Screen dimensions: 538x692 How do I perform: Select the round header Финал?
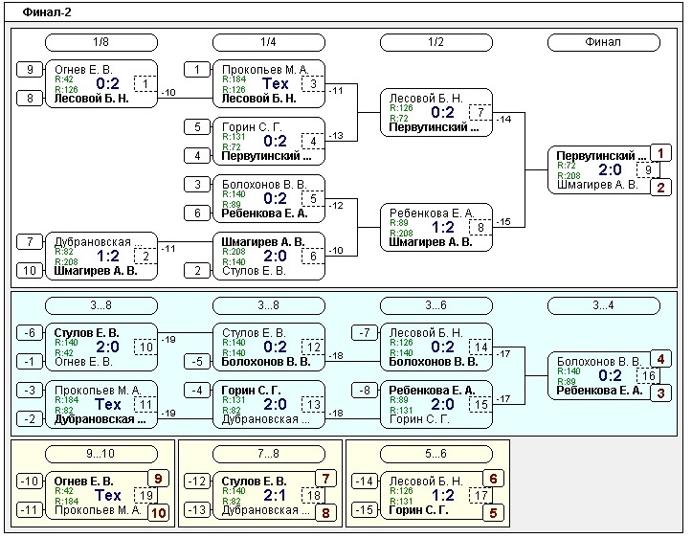tap(603, 42)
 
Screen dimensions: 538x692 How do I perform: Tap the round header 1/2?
tap(435, 42)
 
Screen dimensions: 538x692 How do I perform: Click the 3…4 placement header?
tap(603, 305)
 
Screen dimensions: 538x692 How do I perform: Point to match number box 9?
tap(648, 169)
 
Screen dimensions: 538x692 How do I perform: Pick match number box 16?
tap(648, 375)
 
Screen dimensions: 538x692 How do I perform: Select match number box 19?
tap(145, 495)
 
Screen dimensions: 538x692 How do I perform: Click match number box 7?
tap(480, 112)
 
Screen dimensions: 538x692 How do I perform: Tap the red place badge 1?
tap(660, 153)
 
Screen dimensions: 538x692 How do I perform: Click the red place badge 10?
tap(158, 512)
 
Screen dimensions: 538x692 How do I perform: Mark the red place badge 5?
tap(493, 512)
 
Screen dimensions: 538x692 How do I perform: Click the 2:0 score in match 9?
tap(610, 169)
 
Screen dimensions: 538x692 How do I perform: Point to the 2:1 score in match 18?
tap(275, 495)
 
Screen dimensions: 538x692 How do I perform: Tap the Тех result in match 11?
tap(107, 404)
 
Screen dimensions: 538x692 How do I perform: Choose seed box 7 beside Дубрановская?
tap(30, 241)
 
